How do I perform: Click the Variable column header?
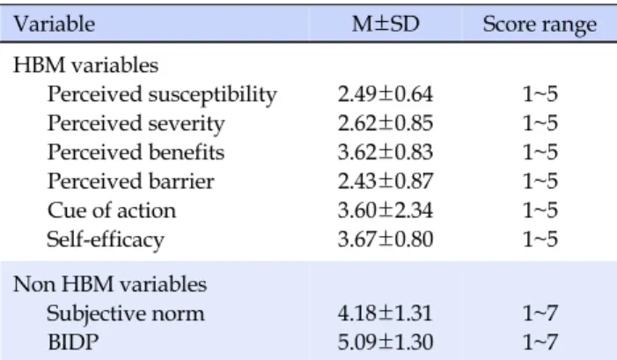pos(55,25)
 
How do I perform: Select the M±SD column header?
pos(386,25)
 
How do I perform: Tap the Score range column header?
pos(540,26)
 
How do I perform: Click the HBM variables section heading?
pos(85,65)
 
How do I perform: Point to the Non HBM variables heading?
pos(110,284)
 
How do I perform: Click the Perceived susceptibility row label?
pos(162,95)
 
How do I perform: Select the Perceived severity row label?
pos(136,124)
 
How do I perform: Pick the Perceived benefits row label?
pos(136,152)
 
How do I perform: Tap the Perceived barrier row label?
pos(130,181)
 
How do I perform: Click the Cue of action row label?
pos(112,210)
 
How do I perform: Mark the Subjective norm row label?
pos(126,314)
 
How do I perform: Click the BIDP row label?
pos(73,342)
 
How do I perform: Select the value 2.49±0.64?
pos(386,94)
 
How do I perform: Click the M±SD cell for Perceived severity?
pos(386,123)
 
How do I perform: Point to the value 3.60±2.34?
pos(386,210)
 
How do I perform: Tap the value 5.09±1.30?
pos(386,342)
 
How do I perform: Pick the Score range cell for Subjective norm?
pos(540,313)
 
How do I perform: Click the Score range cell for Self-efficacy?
pos(540,239)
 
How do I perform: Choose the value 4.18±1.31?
pos(386,313)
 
